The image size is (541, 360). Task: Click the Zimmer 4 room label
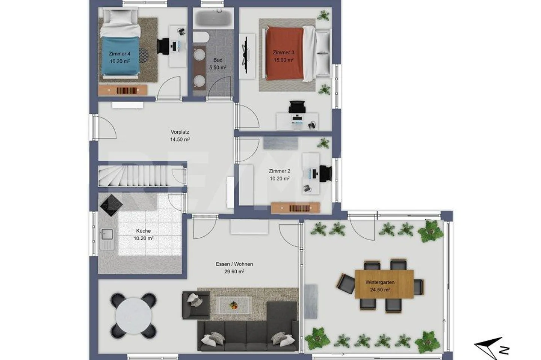point(119,54)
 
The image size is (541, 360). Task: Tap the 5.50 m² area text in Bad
point(218,68)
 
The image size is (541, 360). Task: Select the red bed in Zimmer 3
point(284,53)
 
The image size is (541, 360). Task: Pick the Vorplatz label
point(180,132)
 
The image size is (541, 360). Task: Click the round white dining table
point(134,315)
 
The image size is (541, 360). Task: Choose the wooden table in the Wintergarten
point(384,283)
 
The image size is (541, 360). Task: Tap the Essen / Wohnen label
point(234,264)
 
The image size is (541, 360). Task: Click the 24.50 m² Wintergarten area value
point(380,289)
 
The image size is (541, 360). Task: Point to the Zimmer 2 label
point(279,171)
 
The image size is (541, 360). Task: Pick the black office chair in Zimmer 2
point(325,173)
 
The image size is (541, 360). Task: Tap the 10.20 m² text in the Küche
point(143,238)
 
